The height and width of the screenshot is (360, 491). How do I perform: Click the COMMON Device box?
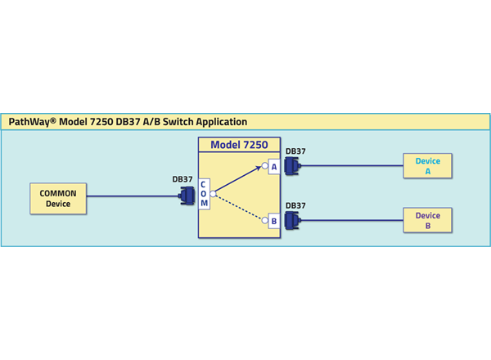(58, 198)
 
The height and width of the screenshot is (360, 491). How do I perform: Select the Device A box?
(427, 166)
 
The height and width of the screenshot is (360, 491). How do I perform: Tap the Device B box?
(427, 220)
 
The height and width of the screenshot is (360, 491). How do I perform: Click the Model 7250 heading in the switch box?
(239, 146)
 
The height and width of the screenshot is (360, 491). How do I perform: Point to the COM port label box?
(204, 194)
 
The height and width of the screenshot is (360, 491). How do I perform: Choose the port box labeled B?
(274, 220)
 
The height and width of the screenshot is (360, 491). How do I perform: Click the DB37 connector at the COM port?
(187, 196)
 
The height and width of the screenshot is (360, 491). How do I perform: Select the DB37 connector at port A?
(291, 167)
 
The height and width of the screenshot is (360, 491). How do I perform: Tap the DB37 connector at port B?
(291, 220)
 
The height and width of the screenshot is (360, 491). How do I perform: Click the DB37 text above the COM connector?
(182, 179)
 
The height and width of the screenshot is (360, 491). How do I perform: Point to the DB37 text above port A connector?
(295, 151)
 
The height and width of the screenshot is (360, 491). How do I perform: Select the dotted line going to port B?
(240, 207)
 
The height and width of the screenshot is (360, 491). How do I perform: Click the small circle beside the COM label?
(213, 194)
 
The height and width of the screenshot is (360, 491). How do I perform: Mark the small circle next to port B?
(264, 220)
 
